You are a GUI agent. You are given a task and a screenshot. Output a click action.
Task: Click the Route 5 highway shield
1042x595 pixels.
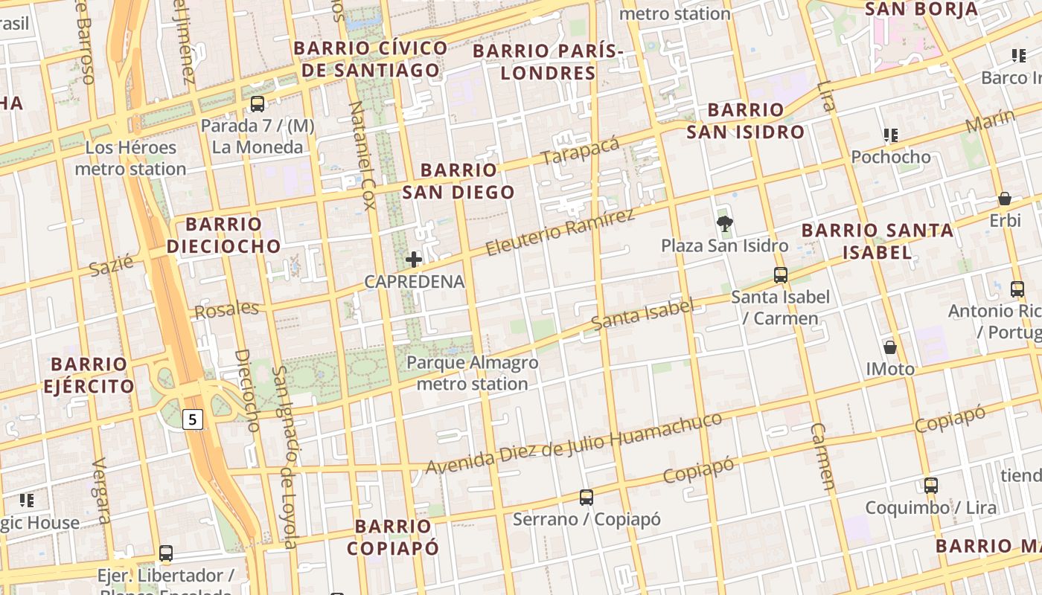click(x=193, y=419)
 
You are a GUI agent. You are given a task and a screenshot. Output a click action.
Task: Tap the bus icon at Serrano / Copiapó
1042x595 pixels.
click(x=586, y=497)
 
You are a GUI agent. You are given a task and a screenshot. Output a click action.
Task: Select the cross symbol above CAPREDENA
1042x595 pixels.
click(x=414, y=260)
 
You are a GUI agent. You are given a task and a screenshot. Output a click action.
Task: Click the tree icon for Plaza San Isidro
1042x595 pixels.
click(x=723, y=223)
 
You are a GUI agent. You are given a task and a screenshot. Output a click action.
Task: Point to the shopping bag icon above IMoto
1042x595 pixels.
click(x=889, y=347)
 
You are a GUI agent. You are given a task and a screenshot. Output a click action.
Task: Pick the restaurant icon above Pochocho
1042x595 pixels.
click(x=891, y=135)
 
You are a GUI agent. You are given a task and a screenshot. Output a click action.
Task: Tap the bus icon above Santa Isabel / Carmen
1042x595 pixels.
click(x=780, y=275)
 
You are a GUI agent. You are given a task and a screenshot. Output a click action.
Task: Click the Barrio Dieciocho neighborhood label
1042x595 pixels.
click(x=224, y=235)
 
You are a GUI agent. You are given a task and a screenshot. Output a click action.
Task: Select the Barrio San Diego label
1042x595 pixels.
click(x=458, y=181)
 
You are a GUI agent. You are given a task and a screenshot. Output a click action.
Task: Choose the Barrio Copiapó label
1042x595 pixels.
click(x=393, y=537)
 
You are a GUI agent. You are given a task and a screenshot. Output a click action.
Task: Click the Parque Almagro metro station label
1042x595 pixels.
click(x=472, y=373)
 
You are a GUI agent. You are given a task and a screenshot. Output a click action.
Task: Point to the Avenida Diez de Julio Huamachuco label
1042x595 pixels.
click(x=574, y=443)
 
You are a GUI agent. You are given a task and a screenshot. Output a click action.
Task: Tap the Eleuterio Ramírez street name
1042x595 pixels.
click(x=560, y=232)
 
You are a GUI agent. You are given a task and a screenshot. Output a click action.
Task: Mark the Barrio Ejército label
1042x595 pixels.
click(x=89, y=376)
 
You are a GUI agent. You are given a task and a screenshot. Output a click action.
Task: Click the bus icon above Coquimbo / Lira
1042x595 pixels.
click(x=930, y=486)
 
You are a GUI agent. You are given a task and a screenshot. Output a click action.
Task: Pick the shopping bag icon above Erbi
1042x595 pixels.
click(x=1005, y=199)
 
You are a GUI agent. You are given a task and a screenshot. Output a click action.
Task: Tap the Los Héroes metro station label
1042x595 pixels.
click(x=130, y=158)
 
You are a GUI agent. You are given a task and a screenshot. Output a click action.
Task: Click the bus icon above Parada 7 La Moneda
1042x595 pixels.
click(x=258, y=104)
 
